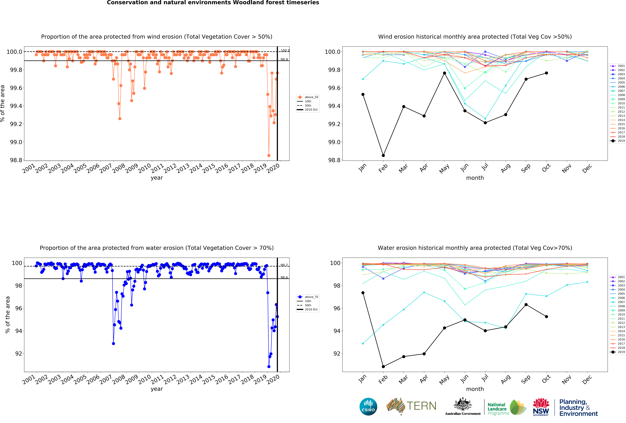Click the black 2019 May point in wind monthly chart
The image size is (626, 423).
444,73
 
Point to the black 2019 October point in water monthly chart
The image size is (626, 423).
546,317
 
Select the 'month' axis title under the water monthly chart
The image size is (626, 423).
475,389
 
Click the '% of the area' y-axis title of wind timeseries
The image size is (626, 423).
3,103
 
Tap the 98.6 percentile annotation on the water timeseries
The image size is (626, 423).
284,277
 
